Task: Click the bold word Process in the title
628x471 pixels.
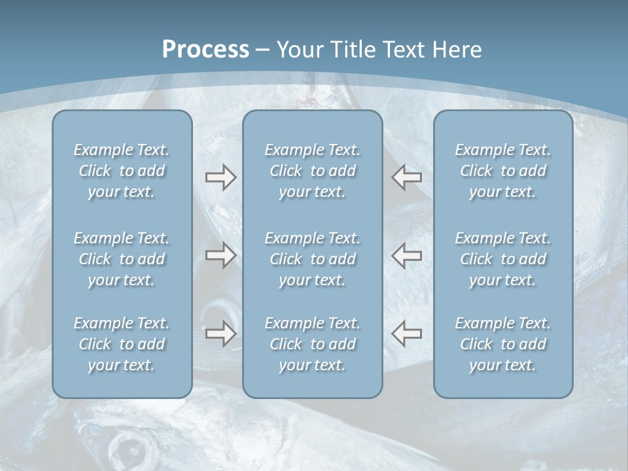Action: pyautogui.click(x=205, y=50)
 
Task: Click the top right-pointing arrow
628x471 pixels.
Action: pyautogui.click(x=220, y=177)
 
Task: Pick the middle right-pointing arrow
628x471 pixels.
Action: pyautogui.click(x=220, y=255)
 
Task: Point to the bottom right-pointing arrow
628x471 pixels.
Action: pyautogui.click(x=220, y=333)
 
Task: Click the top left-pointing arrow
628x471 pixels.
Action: pyautogui.click(x=406, y=177)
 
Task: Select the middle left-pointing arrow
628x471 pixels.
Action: pyautogui.click(x=406, y=255)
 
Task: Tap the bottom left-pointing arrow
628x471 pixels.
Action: pyautogui.click(x=406, y=333)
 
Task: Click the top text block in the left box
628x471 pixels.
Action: pyautogui.click(x=122, y=171)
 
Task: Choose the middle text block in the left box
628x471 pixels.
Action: pyautogui.click(x=122, y=259)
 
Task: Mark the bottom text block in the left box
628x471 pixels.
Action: pyautogui.click(x=122, y=344)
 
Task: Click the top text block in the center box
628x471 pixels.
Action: pyautogui.click(x=312, y=171)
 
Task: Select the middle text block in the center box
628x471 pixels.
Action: pyautogui.click(x=312, y=259)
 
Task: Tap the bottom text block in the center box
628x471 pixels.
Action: pyautogui.click(x=312, y=344)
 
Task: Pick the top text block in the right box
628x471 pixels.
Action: pyautogui.click(x=502, y=171)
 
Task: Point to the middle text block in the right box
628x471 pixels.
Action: pyautogui.click(x=502, y=259)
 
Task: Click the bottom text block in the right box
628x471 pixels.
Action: pyautogui.click(x=502, y=344)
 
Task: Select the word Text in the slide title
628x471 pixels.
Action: pyautogui.click(x=401, y=50)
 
